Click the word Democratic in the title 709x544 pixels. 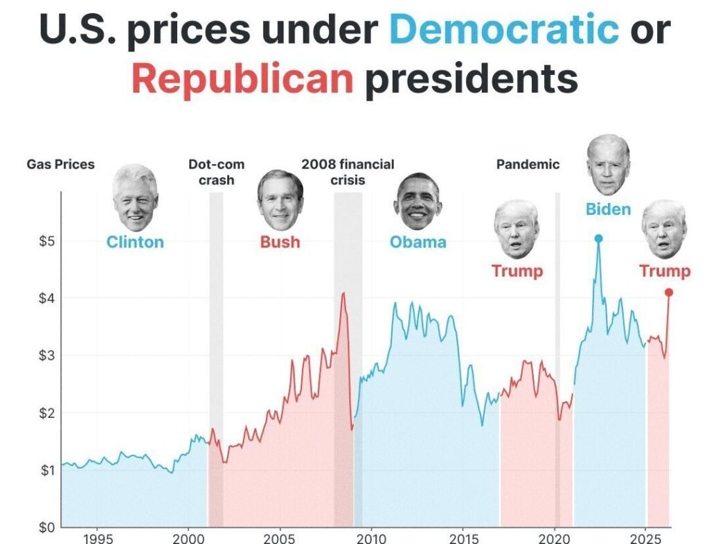tap(504, 28)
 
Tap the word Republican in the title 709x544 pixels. tap(242, 78)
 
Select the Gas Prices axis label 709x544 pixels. tap(61, 165)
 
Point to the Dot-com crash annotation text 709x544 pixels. tap(216, 173)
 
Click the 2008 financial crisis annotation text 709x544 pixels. tap(348, 173)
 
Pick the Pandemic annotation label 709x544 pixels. tap(528, 165)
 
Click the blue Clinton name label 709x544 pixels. tap(135, 242)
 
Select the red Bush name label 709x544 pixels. tap(280, 242)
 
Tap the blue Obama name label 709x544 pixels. tap(418, 242)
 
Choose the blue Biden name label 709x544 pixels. tap(608, 209)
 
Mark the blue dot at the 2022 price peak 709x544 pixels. tap(598, 238)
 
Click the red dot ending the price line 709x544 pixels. tap(669, 292)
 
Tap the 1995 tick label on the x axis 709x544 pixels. tap(96, 538)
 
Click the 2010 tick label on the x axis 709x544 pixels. tap(371, 538)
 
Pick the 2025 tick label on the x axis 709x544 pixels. tap(645, 538)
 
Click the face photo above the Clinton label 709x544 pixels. tap(135, 198)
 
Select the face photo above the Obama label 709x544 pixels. tap(418, 202)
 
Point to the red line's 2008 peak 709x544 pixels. tap(343, 293)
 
